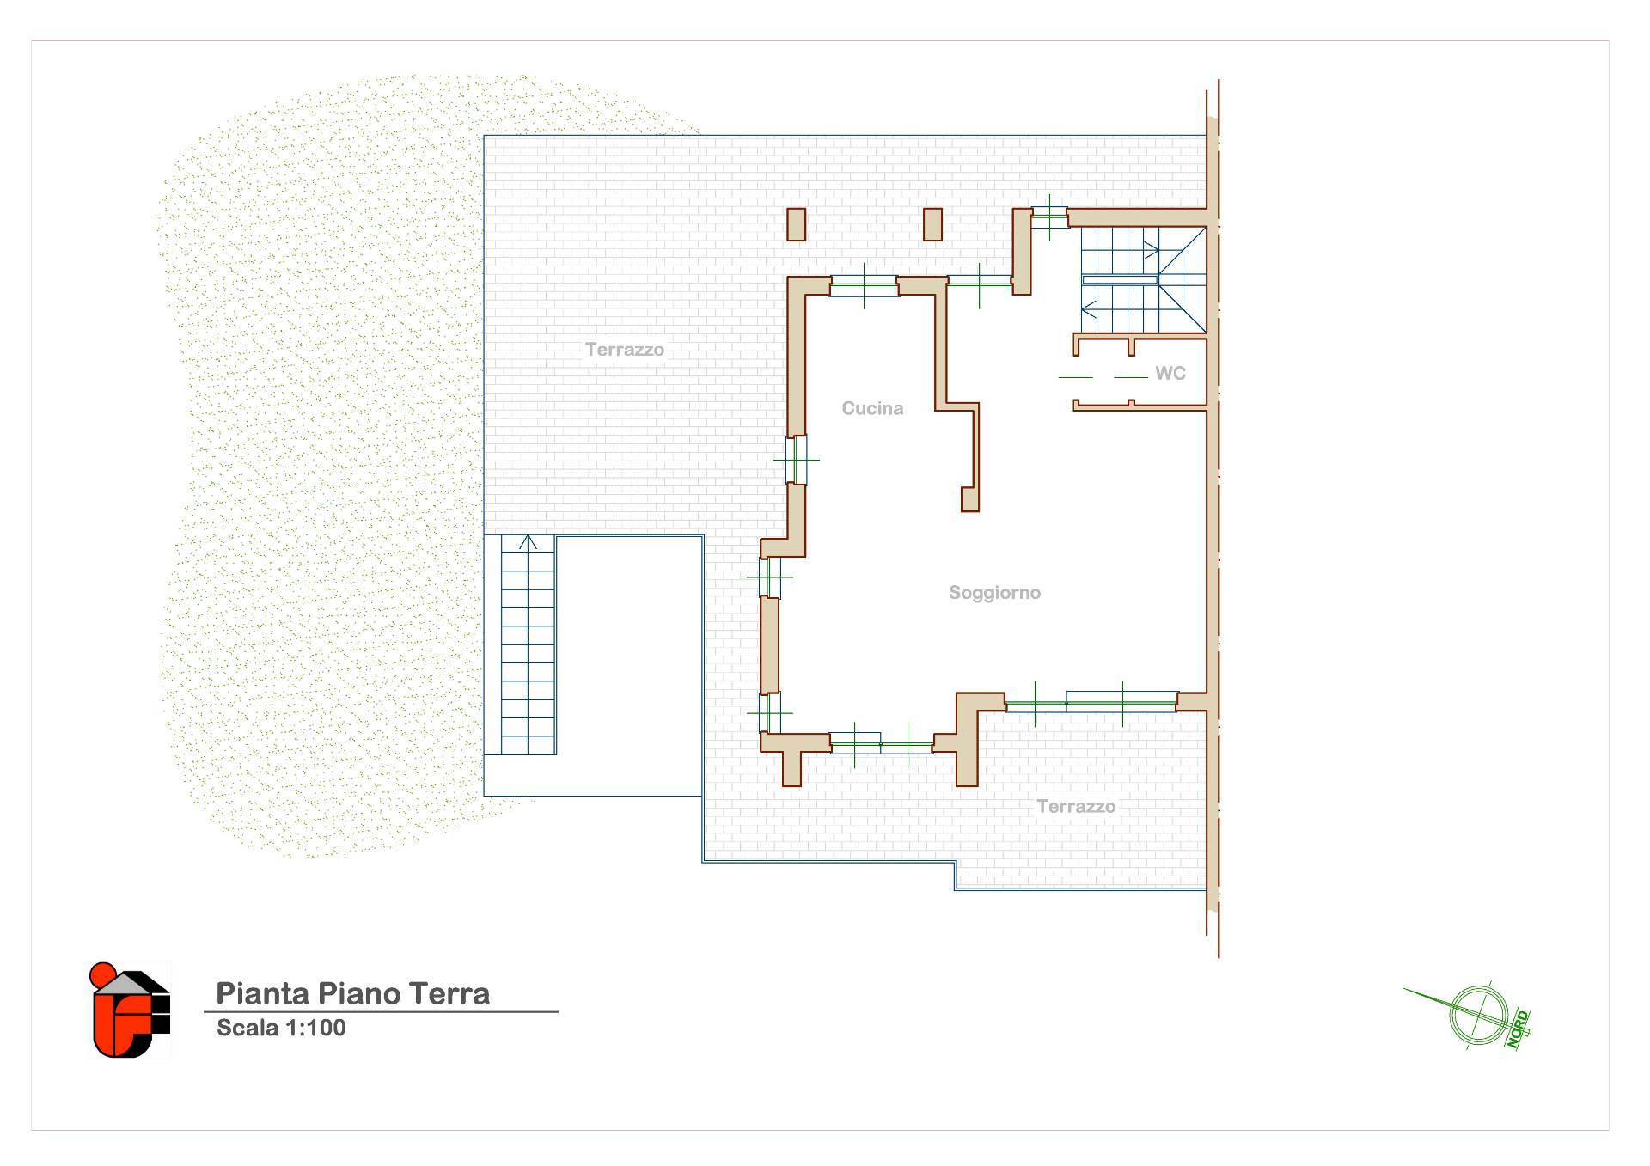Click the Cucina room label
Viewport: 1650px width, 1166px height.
pos(872,409)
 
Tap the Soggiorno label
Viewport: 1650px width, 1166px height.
pos(994,593)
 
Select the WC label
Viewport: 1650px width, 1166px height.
pos(1170,373)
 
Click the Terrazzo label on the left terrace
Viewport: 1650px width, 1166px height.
pos(625,350)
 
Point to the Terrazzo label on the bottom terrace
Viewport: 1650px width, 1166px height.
pos(1076,807)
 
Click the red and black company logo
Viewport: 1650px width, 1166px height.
pos(130,1010)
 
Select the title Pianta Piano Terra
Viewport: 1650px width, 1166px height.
pos(352,993)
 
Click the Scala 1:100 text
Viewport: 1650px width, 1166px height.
pos(281,1028)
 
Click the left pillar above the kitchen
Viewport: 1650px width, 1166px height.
pos(797,224)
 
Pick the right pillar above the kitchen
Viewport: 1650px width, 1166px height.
pos(932,224)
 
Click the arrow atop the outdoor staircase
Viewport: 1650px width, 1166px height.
pos(528,542)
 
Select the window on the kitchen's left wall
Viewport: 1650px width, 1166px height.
pos(797,460)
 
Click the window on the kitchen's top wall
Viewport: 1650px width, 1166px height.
pos(864,285)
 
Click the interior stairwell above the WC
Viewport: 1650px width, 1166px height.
pos(1143,279)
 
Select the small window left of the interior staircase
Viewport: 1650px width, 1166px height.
pos(1049,217)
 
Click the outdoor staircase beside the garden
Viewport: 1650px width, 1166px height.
pos(529,645)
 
